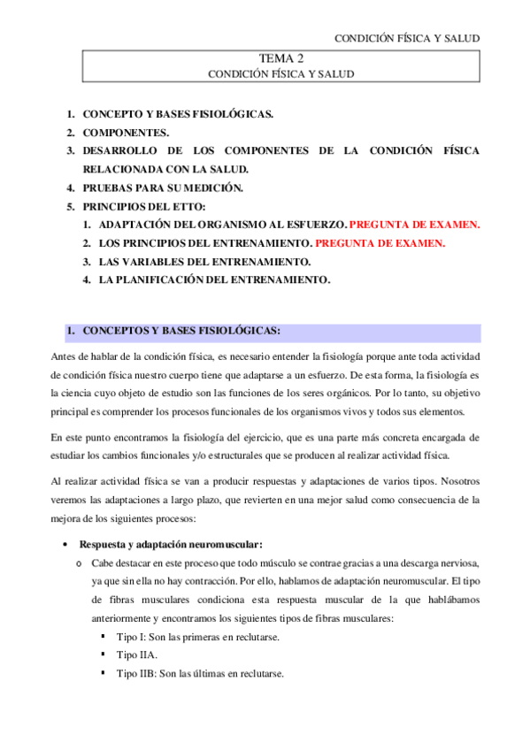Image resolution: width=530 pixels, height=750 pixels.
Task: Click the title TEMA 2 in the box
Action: (280, 59)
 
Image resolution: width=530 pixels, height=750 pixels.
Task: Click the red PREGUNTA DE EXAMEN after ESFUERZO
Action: (403, 225)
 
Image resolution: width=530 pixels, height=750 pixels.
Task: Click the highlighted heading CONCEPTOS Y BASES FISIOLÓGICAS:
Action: (181, 332)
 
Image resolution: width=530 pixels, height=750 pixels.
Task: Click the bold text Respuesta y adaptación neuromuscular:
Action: (171, 544)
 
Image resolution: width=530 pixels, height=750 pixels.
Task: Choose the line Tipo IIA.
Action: (136, 654)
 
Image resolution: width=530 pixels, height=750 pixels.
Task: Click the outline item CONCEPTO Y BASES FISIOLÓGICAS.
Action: (178, 114)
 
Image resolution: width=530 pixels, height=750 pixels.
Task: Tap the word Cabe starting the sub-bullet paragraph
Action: (103, 562)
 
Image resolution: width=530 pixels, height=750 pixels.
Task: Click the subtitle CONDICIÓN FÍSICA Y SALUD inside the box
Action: (280, 75)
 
